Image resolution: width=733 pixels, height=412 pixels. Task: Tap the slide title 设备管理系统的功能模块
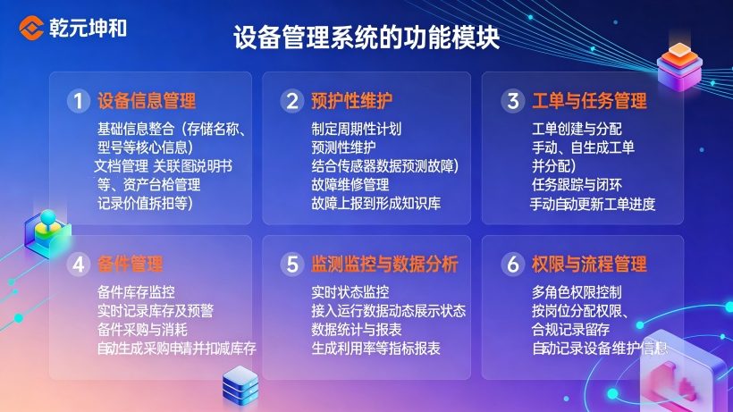(366, 37)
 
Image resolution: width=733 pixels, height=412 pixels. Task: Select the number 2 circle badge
(291, 100)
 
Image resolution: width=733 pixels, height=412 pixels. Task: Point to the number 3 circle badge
(511, 100)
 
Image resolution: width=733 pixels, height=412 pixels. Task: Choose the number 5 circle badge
(291, 265)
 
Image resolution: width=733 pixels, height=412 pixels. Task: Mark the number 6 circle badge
(511, 265)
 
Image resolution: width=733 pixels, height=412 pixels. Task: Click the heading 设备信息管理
(147, 100)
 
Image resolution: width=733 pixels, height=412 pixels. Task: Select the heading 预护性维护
(352, 100)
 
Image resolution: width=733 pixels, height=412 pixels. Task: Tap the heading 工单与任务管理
(589, 100)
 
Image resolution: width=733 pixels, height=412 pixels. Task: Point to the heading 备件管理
(131, 265)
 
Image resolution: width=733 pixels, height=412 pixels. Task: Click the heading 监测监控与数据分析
(385, 265)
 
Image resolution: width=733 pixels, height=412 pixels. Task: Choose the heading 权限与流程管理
(589, 265)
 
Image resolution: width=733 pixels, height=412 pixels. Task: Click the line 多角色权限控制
(577, 292)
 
